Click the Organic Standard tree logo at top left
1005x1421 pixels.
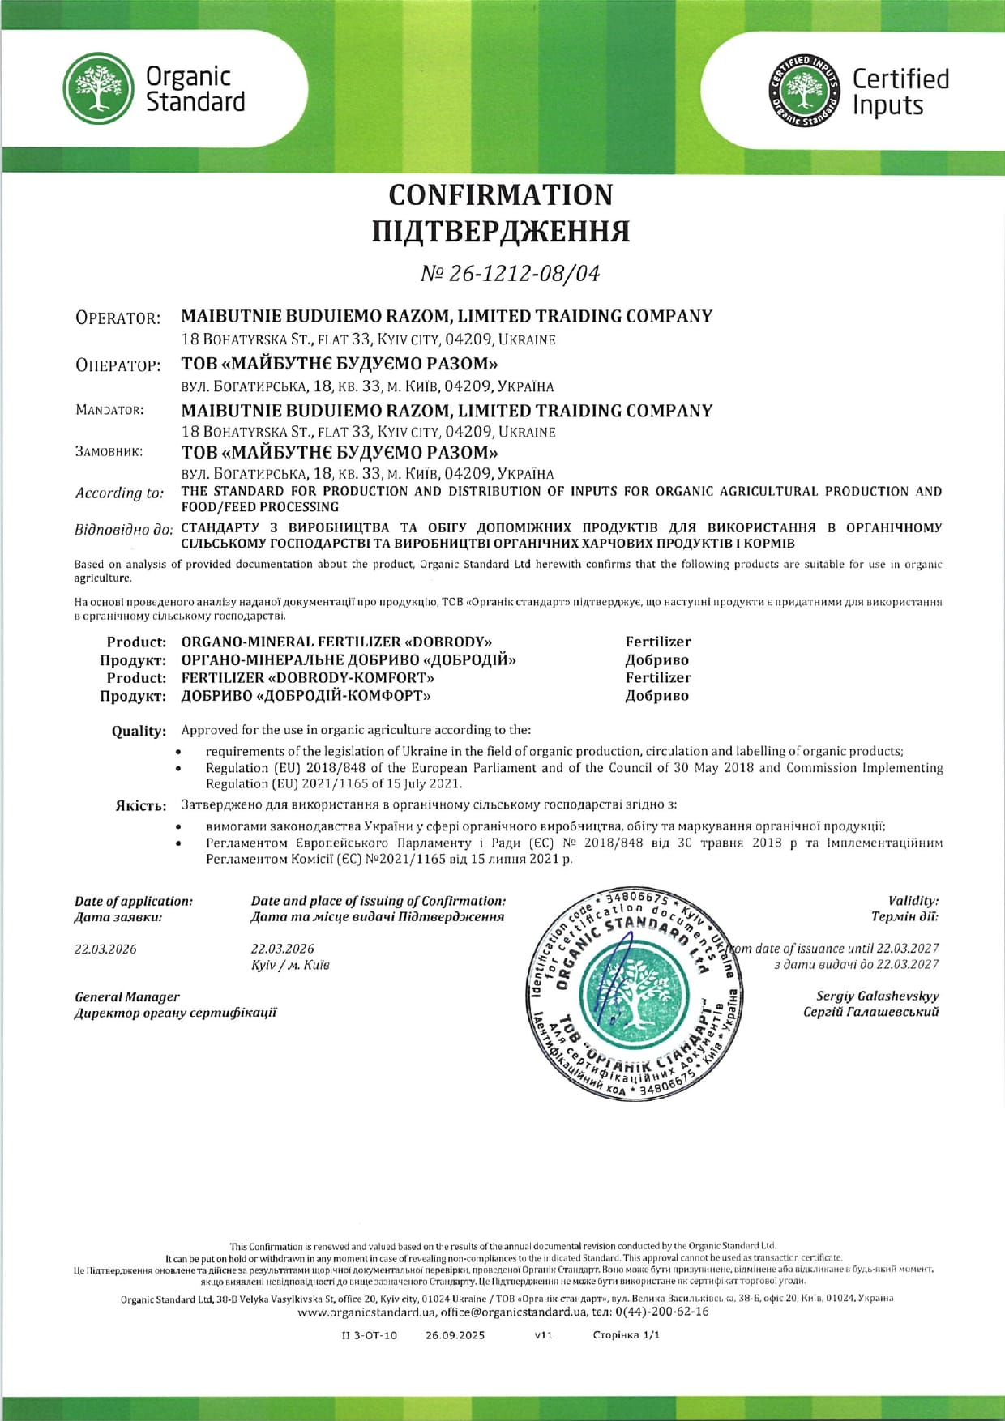[x=98, y=89]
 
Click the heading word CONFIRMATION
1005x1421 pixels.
[x=501, y=195]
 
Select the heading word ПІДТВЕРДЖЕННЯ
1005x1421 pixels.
[x=501, y=232]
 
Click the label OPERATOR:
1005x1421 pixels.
[x=118, y=318]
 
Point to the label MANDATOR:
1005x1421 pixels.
[x=109, y=410]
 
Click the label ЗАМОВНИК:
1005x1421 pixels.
[x=109, y=451]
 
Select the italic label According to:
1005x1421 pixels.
[x=119, y=493]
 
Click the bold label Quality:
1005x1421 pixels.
[x=139, y=731]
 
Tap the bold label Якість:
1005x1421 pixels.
[x=141, y=806]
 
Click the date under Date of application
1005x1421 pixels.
[x=105, y=949]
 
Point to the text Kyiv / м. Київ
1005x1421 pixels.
[x=290, y=965]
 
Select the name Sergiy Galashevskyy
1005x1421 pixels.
[x=877, y=996]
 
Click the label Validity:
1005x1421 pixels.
[x=913, y=901]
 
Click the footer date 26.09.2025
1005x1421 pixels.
[x=455, y=1335]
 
